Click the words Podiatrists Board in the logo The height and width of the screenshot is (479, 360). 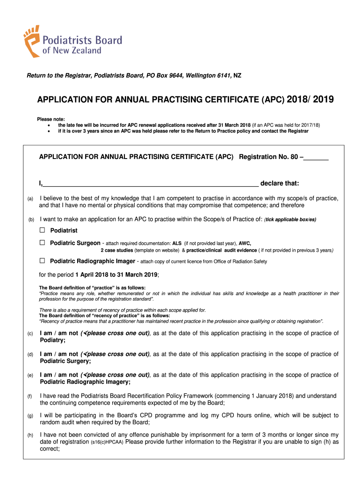point(82,40)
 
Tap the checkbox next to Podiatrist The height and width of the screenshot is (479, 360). point(42,231)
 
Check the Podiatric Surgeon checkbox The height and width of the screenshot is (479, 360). point(42,243)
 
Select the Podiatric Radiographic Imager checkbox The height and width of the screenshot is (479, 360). point(42,261)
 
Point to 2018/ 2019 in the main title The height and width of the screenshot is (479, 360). point(310,100)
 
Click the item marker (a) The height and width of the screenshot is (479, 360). point(30,199)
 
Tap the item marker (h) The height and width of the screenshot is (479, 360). point(30,435)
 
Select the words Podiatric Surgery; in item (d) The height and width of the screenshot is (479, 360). point(65,361)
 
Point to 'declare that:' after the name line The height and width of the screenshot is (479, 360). point(280,183)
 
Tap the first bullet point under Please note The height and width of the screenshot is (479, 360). point(49,126)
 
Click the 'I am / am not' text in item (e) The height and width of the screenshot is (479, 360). point(59,375)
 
